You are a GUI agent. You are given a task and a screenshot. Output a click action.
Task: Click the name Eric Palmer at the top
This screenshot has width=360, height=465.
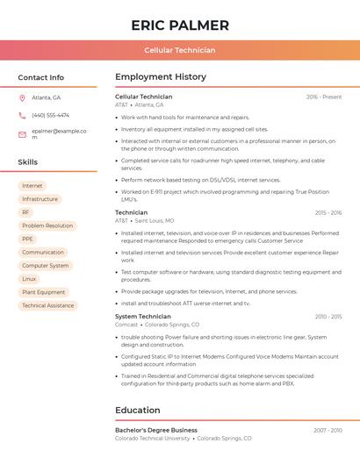(179, 25)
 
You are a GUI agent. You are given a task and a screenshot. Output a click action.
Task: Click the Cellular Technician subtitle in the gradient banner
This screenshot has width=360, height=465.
(179, 51)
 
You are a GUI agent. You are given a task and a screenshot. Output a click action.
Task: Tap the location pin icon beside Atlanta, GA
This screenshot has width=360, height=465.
(22, 97)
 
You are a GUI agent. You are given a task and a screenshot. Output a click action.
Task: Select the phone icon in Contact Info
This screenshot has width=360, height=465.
(22, 115)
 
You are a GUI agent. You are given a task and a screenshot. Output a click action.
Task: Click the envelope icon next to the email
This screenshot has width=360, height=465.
(22, 134)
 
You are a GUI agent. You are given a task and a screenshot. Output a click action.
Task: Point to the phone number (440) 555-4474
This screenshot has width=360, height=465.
(50, 115)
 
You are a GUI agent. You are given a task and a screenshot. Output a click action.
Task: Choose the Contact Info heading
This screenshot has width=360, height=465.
(40, 77)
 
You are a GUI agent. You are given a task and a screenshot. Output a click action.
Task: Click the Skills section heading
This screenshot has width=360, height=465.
(28, 162)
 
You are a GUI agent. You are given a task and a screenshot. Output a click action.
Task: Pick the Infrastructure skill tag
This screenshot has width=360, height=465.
(40, 199)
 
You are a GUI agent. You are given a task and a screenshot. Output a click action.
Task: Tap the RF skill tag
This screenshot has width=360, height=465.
(25, 212)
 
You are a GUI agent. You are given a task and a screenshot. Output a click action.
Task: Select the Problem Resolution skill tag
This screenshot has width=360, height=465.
(47, 225)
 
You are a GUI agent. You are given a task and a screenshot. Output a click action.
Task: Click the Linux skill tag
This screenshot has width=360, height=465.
(30, 279)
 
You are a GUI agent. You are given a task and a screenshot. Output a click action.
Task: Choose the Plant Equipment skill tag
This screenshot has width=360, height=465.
(44, 292)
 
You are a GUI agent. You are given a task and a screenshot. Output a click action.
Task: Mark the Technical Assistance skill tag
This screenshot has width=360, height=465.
(48, 305)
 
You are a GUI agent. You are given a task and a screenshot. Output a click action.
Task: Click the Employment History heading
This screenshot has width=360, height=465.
(161, 77)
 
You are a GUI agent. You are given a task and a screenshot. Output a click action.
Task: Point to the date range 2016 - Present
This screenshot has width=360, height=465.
(324, 97)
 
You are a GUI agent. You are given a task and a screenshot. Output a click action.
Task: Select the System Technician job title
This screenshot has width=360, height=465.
(143, 316)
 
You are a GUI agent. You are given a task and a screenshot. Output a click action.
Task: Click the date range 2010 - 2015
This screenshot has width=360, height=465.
(328, 316)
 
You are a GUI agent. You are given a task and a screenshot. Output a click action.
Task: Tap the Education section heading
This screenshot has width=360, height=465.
(139, 410)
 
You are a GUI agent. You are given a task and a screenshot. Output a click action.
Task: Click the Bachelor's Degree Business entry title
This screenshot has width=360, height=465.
(156, 430)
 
